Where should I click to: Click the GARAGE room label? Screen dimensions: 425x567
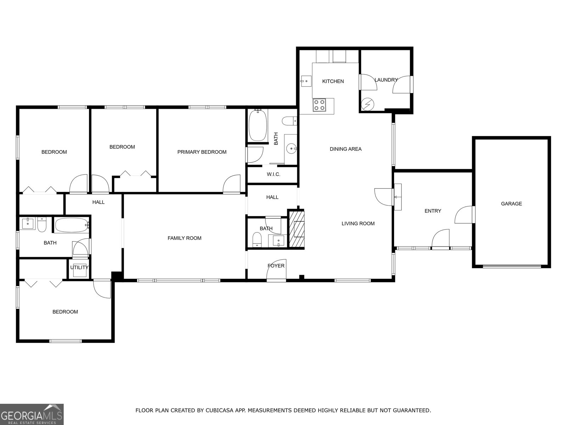pos(511,204)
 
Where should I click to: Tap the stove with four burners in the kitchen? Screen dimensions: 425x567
pos(319,105)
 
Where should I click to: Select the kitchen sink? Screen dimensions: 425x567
pos(305,81)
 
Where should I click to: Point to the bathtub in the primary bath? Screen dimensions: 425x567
pos(258,125)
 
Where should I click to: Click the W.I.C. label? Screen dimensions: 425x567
pos(274,174)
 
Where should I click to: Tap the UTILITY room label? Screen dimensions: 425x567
pos(79,267)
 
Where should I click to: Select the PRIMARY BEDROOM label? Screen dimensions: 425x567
pos(202,152)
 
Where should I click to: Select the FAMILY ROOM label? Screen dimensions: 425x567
pos(184,238)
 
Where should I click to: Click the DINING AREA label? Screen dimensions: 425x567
pos(346,149)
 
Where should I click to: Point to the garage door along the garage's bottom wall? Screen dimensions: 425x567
pos(512,266)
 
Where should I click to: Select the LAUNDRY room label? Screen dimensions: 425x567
pos(386,80)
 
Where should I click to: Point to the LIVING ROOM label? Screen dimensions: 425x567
pos(358,223)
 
